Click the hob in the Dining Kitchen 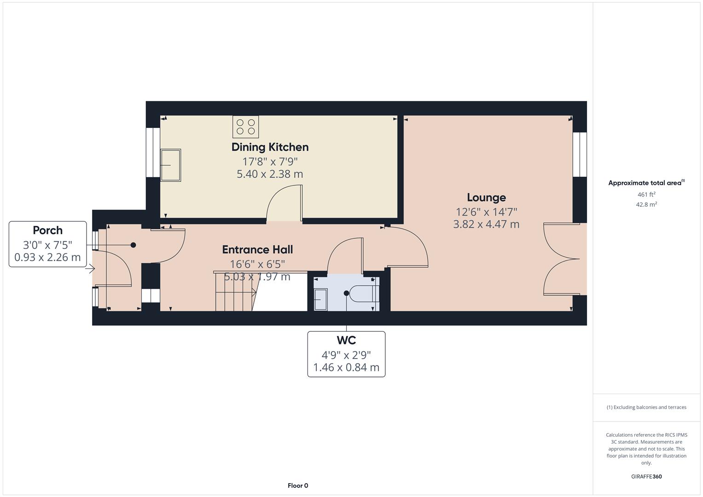point(245,127)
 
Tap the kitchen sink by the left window point(170,165)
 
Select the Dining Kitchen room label point(270,147)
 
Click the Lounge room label point(486,197)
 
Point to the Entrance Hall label point(257,249)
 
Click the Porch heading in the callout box point(47,230)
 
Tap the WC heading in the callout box point(346,341)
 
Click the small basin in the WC point(320,300)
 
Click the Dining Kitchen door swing point(284,202)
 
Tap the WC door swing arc point(344,254)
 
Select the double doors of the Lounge point(559,259)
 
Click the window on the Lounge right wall point(580,155)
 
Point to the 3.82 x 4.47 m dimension point(486,225)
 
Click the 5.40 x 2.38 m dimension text point(270,174)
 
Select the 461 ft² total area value point(646,195)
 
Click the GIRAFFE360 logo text point(646,477)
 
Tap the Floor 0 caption point(298,485)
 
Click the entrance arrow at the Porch point(92,269)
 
